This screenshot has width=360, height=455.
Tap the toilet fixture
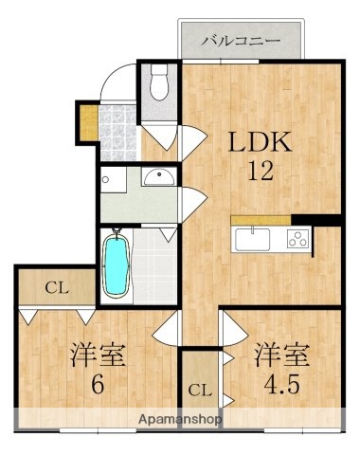tap(158, 84)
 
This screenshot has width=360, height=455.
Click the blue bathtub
tap(117, 261)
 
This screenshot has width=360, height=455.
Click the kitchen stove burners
tap(298, 239)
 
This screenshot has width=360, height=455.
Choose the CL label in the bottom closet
tap(199, 390)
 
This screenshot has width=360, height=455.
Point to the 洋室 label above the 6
tap(98, 356)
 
